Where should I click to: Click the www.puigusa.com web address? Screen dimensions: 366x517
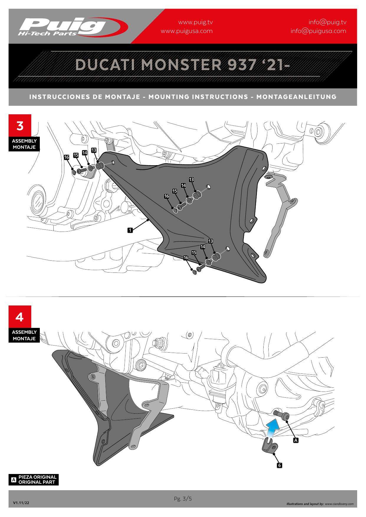click(x=186, y=31)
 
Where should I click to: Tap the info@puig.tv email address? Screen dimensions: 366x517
click(x=327, y=22)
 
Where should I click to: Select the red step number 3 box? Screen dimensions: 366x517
click(x=20, y=126)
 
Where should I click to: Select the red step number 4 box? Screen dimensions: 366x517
click(x=20, y=317)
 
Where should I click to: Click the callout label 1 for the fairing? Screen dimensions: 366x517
click(x=130, y=230)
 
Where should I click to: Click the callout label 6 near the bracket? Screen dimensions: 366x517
click(x=280, y=465)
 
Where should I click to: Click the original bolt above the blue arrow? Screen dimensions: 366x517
click(x=282, y=415)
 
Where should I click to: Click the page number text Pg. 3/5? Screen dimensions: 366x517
click(x=183, y=499)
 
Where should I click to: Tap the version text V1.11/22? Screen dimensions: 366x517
click(x=21, y=503)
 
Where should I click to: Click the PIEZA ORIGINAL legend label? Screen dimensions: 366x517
click(x=37, y=477)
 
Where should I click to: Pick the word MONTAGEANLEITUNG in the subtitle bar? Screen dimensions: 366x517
click(x=296, y=97)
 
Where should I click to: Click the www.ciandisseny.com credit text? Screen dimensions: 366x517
click(x=339, y=504)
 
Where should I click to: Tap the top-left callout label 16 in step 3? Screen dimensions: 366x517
click(x=67, y=157)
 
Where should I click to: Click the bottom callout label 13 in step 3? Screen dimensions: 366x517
click(x=211, y=241)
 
